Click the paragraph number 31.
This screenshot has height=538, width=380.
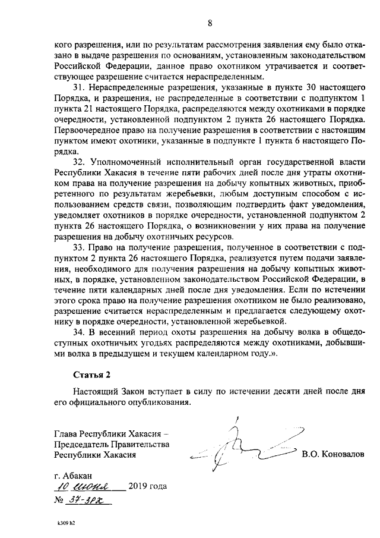click(x=79, y=87)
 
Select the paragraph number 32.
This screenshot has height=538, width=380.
click(x=79, y=162)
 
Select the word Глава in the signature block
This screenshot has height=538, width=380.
click(x=66, y=433)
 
